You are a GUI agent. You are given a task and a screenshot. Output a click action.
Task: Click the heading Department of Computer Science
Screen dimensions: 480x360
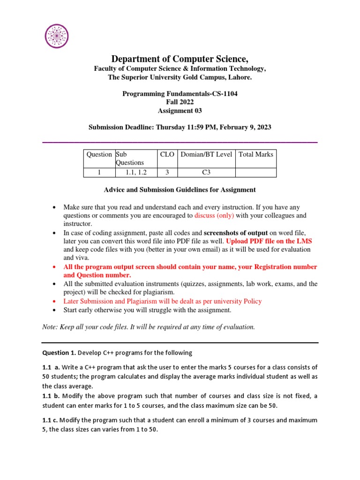(x=180, y=59)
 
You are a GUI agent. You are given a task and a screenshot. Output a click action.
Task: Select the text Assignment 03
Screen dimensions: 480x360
(x=180, y=111)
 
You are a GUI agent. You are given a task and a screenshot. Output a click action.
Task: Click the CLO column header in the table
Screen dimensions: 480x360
(x=167, y=154)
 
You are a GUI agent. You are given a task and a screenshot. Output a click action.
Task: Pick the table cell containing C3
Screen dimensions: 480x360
(x=206, y=172)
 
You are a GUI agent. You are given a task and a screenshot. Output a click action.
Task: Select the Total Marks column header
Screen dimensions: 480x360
(x=255, y=154)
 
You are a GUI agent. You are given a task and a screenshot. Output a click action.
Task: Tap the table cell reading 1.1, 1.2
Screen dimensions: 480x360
(x=136, y=172)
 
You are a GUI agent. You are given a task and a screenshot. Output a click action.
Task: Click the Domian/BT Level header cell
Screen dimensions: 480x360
(x=206, y=154)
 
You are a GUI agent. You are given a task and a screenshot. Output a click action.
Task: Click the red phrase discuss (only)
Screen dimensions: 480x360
(x=214, y=216)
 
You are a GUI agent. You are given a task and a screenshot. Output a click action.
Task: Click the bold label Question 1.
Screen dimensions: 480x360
(x=59, y=352)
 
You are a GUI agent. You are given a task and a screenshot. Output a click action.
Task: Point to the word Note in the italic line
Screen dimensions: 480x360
(x=49, y=327)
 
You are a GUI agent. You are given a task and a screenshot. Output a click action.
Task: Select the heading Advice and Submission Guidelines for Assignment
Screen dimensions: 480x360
(x=180, y=190)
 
